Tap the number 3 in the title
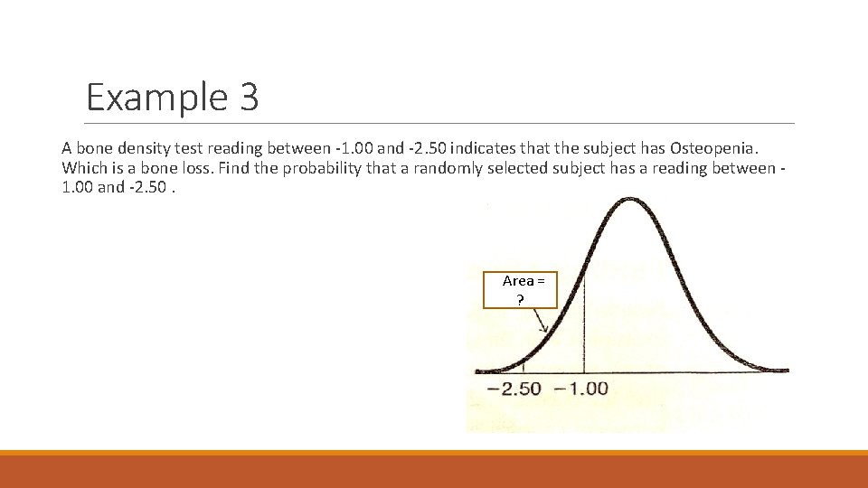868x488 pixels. coord(250,98)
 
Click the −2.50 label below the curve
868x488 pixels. coord(514,389)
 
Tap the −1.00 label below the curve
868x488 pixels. coord(580,389)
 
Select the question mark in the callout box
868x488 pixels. coord(520,299)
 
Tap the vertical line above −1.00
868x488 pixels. coord(584,325)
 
